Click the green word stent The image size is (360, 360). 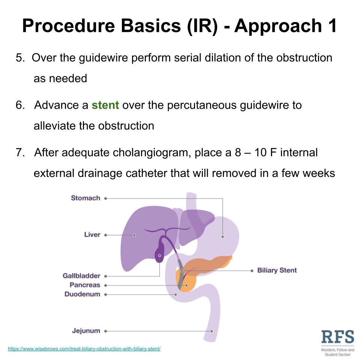point(105,105)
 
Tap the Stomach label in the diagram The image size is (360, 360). point(85,198)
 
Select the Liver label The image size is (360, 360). point(92,235)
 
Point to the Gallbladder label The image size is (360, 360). point(81,276)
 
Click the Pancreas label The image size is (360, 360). point(85,285)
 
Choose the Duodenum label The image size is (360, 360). point(82,294)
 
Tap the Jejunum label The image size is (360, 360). point(86,331)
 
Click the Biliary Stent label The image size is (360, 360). point(277,270)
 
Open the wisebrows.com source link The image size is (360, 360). point(84,349)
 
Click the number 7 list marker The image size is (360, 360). point(19,153)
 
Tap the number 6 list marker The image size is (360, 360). point(19,105)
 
